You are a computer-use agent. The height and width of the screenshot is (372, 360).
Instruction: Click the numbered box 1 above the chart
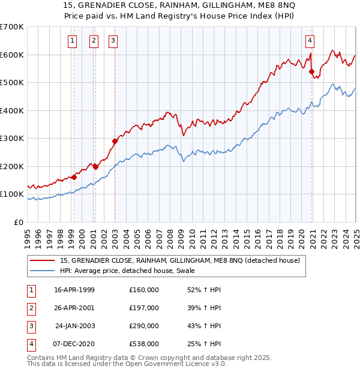coord(73,41)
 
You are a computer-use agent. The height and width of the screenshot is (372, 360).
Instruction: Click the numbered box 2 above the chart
coord(94,41)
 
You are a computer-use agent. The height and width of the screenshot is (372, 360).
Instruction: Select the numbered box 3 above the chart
coord(113,41)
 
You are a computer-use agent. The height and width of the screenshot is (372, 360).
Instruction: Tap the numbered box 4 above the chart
coord(310,41)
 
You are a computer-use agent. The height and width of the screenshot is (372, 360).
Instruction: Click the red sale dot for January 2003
coord(115,142)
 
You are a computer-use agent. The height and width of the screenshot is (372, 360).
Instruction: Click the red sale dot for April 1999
coord(74,177)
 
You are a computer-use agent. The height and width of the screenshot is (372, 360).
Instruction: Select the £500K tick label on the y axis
coord(11,82)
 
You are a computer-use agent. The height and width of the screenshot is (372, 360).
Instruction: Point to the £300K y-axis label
coord(11,138)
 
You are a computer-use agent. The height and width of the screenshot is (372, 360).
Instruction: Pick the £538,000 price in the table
coord(144,344)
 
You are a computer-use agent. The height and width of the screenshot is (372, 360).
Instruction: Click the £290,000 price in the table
coord(144,326)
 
